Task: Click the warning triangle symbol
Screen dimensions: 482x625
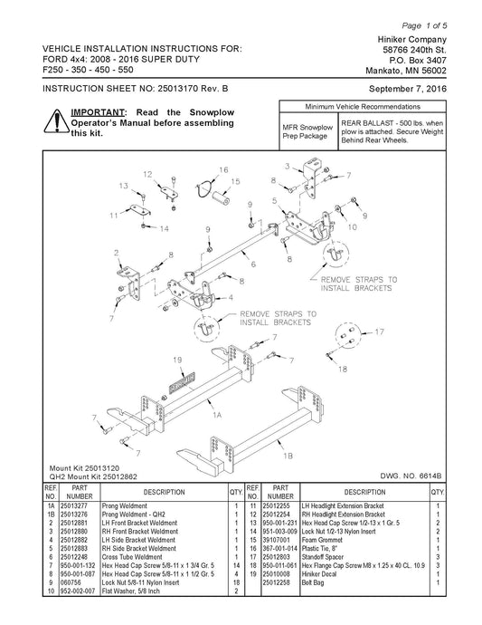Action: pyautogui.click(x=56, y=121)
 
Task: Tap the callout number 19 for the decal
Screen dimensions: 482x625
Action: pyautogui.click(x=177, y=360)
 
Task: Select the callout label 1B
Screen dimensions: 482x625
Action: pyautogui.click(x=288, y=456)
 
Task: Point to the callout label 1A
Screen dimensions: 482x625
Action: pyautogui.click(x=216, y=415)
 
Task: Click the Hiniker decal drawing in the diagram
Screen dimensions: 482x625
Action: pyautogui.click(x=183, y=382)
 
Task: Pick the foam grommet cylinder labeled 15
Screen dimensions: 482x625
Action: pyautogui.click(x=221, y=197)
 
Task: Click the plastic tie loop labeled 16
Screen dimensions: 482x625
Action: pyautogui.click(x=205, y=188)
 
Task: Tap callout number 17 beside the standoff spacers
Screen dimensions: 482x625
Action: pyautogui.click(x=379, y=332)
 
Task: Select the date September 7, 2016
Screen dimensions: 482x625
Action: pyautogui.click(x=408, y=89)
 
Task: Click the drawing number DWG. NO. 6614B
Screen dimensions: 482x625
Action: pyautogui.click(x=411, y=476)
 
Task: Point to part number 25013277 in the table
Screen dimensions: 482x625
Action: pyautogui.click(x=74, y=505)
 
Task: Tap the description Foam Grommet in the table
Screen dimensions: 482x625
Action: pyautogui.click(x=322, y=540)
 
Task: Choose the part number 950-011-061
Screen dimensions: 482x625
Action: pyautogui.click(x=279, y=565)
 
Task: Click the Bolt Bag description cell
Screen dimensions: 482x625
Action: pyautogui.click(x=313, y=582)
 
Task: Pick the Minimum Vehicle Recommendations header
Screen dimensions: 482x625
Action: pyautogui.click(x=363, y=107)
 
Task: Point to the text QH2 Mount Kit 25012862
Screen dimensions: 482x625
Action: pyautogui.click(x=93, y=476)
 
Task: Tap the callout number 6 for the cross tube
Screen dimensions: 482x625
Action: pyautogui.click(x=253, y=264)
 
